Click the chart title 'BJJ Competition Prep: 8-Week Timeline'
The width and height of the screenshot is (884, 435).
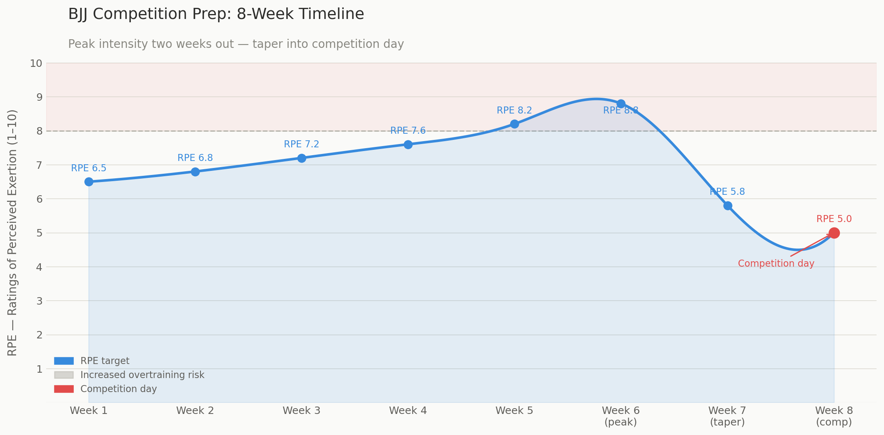[x=216, y=14]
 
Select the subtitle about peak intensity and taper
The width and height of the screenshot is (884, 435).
[x=236, y=44]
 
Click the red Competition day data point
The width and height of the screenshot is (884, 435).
[x=834, y=233]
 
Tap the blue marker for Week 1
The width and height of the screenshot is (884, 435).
[x=89, y=182]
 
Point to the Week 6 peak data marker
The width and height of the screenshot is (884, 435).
[x=621, y=104]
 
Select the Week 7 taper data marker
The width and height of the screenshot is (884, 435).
[x=728, y=206]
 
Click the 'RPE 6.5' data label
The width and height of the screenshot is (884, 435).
[x=89, y=168]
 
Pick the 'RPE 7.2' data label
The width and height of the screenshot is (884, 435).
[x=302, y=144]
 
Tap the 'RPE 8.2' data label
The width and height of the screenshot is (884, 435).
[x=514, y=111]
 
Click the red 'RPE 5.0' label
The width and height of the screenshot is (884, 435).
[x=834, y=219]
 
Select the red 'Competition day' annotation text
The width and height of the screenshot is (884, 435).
[x=776, y=263]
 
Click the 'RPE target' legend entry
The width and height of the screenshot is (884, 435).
[x=105, y=361]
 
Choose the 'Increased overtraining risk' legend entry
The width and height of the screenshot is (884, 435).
[x=142, y=375]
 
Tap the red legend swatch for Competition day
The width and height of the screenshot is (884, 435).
[x=64, y=389]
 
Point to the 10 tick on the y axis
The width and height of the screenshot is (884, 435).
[x=36, y=63]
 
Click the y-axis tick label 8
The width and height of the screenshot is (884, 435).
[x=39, y=131]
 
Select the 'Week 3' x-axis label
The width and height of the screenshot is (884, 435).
[x=302, y=411]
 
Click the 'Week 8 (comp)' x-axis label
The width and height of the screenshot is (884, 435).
[x=834, y=416]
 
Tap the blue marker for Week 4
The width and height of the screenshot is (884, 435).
[x=408, y=144]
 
